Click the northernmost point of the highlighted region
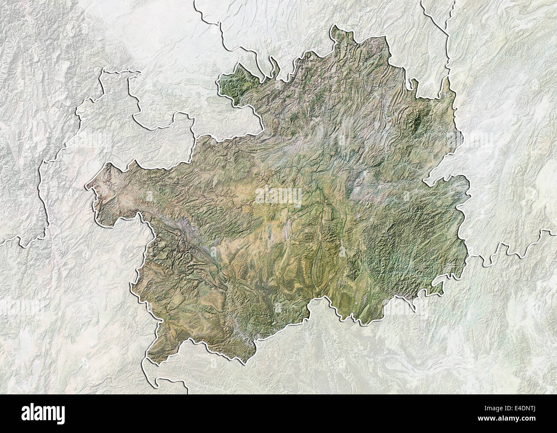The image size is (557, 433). (x=332, y=27)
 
